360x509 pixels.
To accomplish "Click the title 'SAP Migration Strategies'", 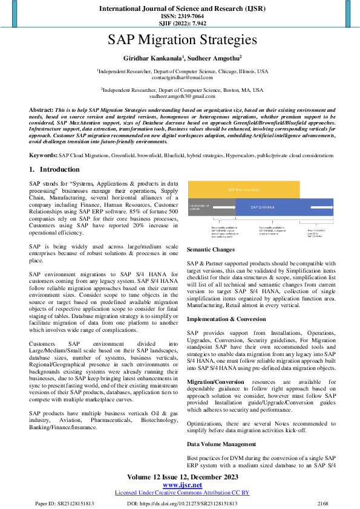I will [182, 41].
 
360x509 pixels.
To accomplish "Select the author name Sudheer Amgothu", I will [214, 58].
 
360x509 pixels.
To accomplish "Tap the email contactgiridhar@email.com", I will [182, 78].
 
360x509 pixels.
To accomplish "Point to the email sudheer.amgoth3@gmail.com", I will [182, 97].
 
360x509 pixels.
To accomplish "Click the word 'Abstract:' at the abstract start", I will [41, 110].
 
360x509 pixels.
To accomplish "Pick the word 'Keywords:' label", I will [44, 155].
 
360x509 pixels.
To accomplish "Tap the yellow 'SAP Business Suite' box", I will [243, 189].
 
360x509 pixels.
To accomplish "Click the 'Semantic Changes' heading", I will [211, 250].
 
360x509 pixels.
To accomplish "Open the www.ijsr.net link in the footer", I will [182, 485].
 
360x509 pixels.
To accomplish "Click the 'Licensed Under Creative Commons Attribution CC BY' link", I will [182, 493].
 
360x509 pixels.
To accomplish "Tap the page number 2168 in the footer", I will [322, 503].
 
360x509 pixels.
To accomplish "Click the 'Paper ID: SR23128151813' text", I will [64, 503].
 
